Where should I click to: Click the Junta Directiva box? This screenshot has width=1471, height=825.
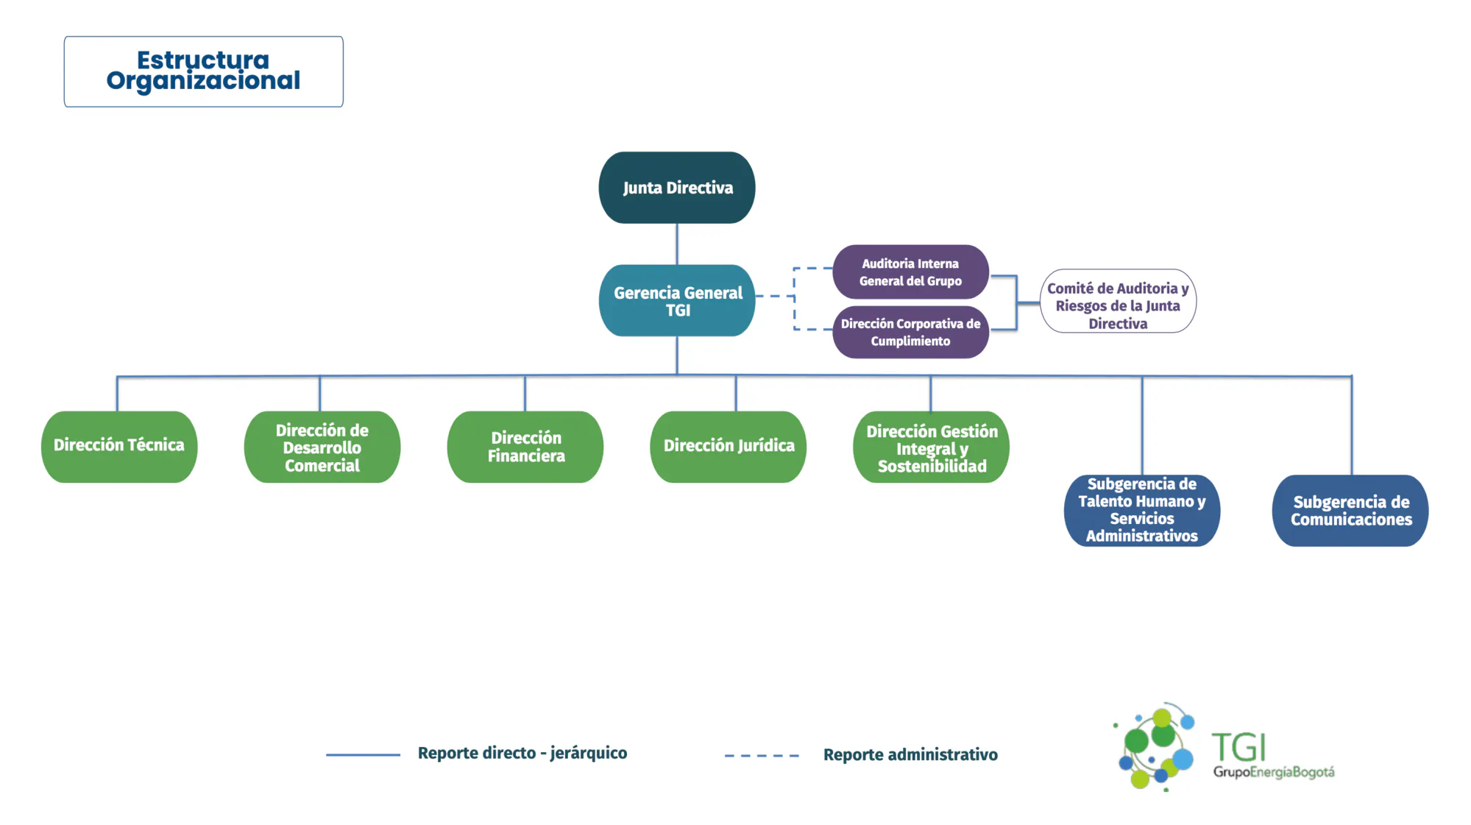tap(677, 188)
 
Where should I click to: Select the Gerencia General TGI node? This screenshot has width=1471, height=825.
tap(677, 300)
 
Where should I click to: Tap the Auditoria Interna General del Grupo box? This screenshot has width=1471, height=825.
tap(910, 272)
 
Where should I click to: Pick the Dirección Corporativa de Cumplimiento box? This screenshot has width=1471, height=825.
tap(910, 332)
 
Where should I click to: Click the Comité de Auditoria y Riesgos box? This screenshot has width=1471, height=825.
tap(1118, 301)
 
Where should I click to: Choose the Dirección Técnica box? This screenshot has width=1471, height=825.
tap(119, 447)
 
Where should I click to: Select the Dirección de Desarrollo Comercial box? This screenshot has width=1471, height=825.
tap(322, 447)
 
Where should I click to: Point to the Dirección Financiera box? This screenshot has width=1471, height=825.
tap(525, 447)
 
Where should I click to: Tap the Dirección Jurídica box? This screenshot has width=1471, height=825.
tap(729, 447)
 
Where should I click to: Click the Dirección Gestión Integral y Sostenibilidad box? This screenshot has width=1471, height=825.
tap(932, 447)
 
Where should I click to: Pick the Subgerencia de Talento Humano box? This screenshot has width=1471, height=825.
tap(1142, 510)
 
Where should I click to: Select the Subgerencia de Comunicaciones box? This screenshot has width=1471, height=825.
tap(1350, 510)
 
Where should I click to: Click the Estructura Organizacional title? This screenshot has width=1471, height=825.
tap(203, 71)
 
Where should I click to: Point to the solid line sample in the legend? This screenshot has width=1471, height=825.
tap(363, 754)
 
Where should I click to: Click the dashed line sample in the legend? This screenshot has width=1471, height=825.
tap(762, 755)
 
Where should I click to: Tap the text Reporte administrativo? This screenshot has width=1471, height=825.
tap(910, 754)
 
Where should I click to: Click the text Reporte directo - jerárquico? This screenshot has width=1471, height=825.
tap(522, 753)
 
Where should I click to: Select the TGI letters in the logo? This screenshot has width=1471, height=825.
tap(1238, 747)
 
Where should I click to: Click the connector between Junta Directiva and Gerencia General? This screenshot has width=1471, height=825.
tap(677, 244)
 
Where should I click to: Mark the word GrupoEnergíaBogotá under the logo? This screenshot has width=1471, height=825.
tap(1274, 772)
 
